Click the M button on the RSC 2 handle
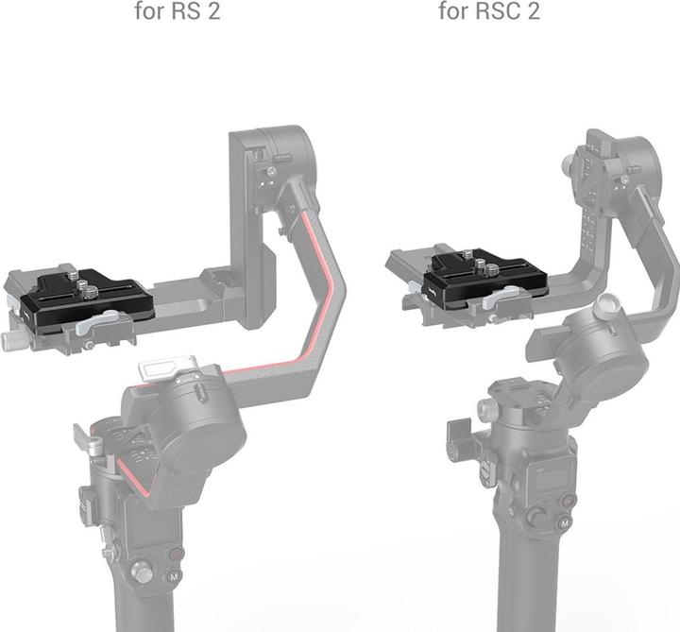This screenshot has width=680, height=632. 564,522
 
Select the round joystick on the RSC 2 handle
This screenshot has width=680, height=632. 536,517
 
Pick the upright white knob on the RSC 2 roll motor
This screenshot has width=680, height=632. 603,310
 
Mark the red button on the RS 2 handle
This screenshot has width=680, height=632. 175,554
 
